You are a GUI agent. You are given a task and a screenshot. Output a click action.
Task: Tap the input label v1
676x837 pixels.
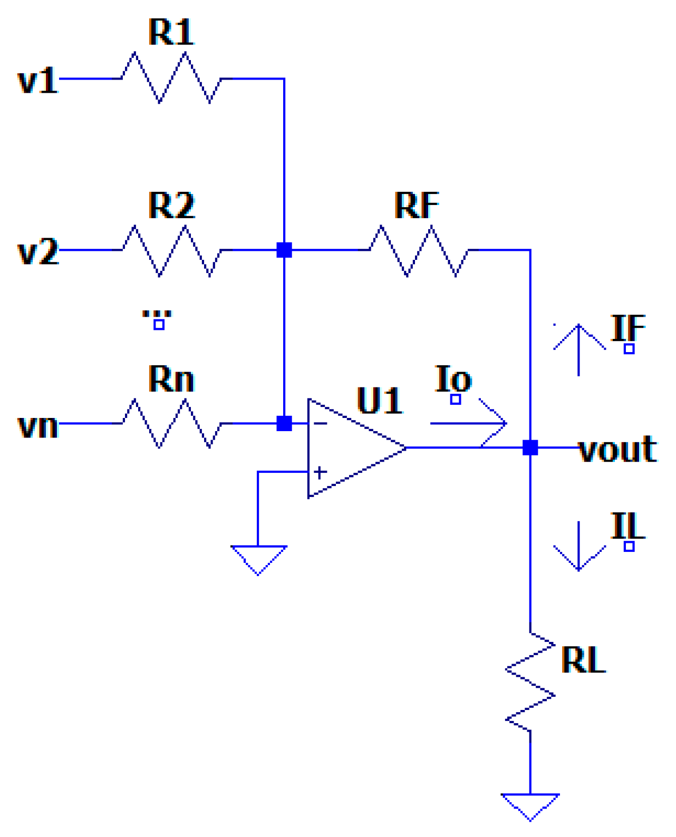tap(38, 80)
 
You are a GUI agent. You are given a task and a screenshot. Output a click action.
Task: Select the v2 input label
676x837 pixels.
tap(38, 251)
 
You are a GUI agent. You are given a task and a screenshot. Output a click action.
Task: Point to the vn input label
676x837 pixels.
tap(38, 425)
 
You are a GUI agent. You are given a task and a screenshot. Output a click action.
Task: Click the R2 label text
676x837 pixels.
tap(171, 205)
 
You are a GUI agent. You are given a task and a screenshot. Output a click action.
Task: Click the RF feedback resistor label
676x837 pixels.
tap(416, 205)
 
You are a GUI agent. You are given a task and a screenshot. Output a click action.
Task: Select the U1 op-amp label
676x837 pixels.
tap(379, 400)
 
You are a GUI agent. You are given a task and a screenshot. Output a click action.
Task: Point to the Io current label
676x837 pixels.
tap(453, 378)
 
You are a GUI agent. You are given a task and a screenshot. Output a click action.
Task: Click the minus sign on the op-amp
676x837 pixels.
tap(320, 423)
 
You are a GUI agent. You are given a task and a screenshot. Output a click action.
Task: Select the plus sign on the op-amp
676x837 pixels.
tap(320, 472)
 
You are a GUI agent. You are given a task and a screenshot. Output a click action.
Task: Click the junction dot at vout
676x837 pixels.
tap(530, 447)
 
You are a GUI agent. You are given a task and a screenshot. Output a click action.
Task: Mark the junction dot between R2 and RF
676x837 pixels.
tap(284, 250)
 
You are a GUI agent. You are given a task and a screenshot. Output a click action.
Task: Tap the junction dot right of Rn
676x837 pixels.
tap(284, 423)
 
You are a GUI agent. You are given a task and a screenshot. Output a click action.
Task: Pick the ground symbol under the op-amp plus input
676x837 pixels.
tap(258, 560)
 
